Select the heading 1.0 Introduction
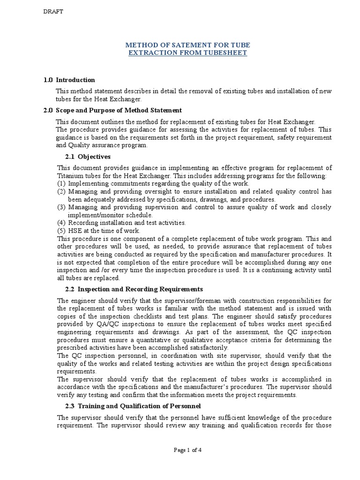pyautogui.click(x=69, y=80)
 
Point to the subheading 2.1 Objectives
pyautogui.click(x=88, y=157)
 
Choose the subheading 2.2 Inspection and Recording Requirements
pyautogui.click(x=134, y=289)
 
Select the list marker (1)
pyautogui.click(x=61, y=184)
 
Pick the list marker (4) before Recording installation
pyautogui.click(x=61, y=223)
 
